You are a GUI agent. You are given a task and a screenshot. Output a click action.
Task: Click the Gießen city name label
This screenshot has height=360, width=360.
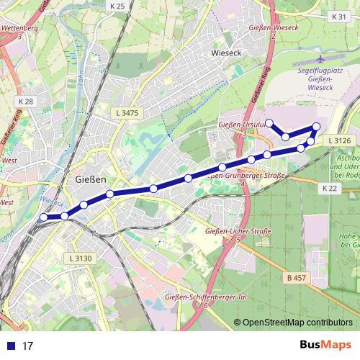click(x=91, y=179)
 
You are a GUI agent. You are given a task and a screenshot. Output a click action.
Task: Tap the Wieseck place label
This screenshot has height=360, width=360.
click(x=228, y=53)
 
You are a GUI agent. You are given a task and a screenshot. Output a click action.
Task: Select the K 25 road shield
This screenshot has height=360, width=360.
click(x=117, y=6)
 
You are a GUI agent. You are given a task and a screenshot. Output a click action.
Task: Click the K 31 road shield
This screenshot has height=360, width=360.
click(x=340, y=16)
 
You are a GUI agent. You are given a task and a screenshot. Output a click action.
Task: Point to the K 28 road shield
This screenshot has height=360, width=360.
click(x=25, y=102)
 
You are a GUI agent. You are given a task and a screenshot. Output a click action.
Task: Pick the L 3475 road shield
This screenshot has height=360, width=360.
click(x=127, y=113)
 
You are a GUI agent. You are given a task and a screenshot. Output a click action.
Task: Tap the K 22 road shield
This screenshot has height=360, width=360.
click(x=330, y=188)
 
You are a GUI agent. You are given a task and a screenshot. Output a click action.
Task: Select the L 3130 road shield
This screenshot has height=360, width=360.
click(x=81, y=258)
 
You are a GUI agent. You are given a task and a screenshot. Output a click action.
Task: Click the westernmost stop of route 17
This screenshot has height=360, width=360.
click(x=44, y=217)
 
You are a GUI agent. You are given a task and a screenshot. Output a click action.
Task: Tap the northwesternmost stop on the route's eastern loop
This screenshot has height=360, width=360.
click(x=269, y=122)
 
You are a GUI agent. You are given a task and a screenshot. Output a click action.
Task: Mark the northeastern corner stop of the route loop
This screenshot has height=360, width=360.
click(x=316, y=127)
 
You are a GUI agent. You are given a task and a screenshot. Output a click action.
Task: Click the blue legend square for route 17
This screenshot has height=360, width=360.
click(x=10, y=346)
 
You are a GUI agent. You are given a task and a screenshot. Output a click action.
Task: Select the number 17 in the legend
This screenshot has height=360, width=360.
click(x=28, y=346)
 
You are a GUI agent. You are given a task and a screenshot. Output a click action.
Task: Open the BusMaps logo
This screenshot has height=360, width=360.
click(x=325, y=345)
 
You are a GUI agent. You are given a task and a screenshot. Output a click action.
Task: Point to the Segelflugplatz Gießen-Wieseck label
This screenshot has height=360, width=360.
click(x=322, y=81)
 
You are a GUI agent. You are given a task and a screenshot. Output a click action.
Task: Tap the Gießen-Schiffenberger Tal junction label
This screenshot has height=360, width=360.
click(x=186, y=297)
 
